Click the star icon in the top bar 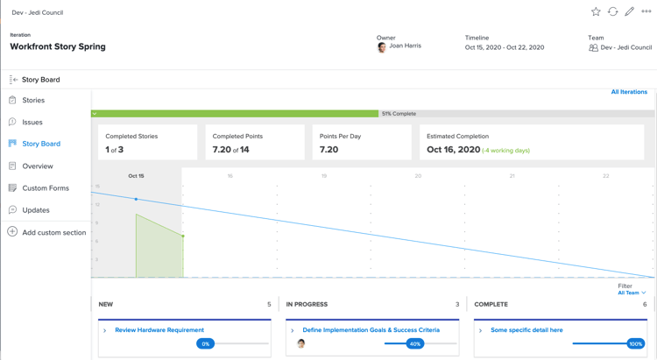596,12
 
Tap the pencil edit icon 630,12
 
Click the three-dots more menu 646,12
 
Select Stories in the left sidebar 33,101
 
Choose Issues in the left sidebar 32,123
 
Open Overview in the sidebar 38,166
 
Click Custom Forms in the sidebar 46,188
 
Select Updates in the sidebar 36,210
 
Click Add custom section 54,233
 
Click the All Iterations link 629,92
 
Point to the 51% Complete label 399,114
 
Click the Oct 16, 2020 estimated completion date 453,150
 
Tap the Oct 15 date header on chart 136,176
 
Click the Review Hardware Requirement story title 159,330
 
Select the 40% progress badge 415,344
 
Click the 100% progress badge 635,344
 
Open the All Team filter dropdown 632,293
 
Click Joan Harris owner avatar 382,47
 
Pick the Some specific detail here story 526,330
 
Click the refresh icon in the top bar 613,12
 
